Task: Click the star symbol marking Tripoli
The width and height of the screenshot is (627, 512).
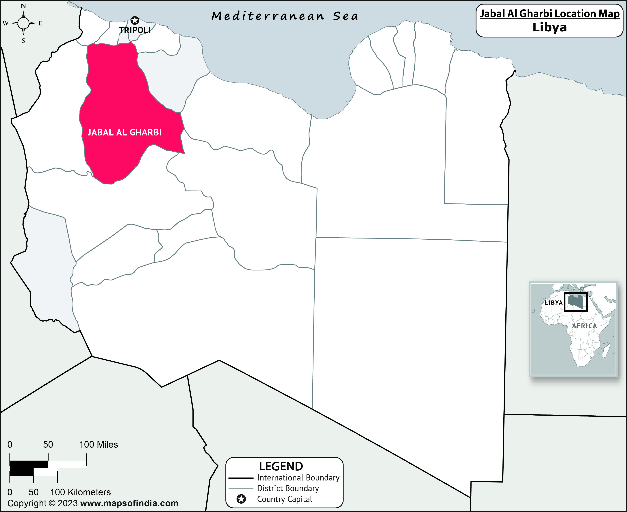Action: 135,20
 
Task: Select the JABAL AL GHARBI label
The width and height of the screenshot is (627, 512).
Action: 125,132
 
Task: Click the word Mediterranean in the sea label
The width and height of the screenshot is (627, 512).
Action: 268,16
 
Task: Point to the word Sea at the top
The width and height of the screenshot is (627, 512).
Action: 346,16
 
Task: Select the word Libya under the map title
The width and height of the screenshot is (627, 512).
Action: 550,27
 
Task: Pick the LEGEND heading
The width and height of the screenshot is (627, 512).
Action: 281,466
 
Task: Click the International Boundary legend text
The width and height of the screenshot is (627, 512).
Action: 298,478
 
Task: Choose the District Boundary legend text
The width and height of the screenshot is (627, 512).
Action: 288,488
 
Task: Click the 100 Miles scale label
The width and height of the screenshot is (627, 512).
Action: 98,445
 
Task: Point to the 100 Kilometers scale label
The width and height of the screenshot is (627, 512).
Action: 80,492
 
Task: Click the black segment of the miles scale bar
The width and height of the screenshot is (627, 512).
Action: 29,464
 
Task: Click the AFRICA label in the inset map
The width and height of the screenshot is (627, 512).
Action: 584,326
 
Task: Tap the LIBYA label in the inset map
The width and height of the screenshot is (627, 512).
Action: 553,303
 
